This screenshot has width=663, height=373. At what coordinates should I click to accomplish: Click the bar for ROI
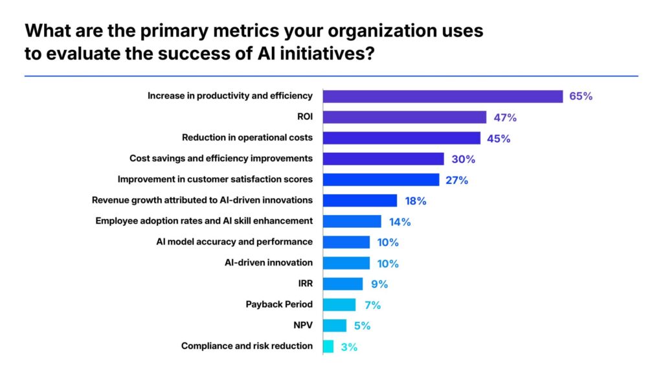[x=404, y=117]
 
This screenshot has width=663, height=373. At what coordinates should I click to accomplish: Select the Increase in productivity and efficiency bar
[x=442, y=96]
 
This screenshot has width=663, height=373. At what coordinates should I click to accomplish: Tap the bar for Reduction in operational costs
[x=401, y=138]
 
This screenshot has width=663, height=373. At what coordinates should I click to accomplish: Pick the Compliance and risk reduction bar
[x=328, y=346]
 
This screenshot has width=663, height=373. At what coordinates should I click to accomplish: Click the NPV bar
[x=334, y=326]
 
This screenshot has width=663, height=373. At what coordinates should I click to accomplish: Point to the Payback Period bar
[x=339, y=305]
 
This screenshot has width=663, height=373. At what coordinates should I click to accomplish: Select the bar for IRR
[x=343, y=284]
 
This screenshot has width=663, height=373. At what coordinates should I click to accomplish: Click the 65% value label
[x=581, y=96]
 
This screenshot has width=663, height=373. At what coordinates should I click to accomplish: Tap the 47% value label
[x=504, y=118]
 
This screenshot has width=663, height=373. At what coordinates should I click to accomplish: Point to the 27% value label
[x=456, y=180]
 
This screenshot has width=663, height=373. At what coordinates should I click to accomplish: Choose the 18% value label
[x=414, y=201]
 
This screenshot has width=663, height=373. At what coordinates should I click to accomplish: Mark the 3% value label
[x=348, y=347]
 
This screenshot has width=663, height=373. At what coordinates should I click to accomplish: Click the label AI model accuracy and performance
[x=234, y=242]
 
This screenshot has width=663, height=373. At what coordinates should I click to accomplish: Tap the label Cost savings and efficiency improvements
[x=221, y=158]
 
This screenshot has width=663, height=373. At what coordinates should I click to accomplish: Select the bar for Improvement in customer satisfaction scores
[x=381, y=179]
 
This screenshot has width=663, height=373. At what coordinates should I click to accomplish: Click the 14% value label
[x=399, y=221]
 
